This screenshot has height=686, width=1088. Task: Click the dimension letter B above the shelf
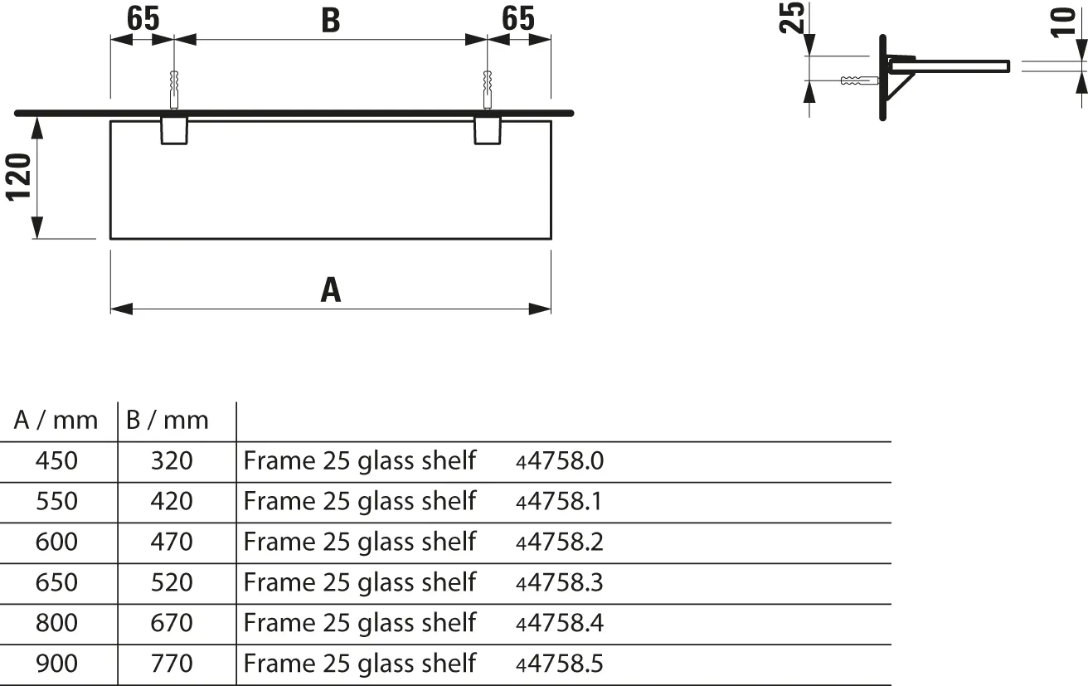[x=330, y=21]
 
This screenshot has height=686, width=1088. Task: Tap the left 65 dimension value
[x=142, y=18]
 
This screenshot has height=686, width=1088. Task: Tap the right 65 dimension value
[x=519, y=18]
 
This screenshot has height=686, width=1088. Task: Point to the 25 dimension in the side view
[x=794, y=17]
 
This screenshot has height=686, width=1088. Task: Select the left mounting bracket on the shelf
[x=173, y=130]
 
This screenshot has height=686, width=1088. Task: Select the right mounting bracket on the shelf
[x=487, y=130]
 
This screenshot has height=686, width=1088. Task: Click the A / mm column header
[x=56, y=421]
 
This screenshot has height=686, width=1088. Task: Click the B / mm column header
[x=168, y=421]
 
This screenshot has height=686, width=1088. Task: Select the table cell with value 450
[x=56, y=461]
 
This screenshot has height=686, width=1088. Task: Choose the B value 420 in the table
[x=172, y=502]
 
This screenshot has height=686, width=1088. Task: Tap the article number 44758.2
[x=559, y=542]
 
